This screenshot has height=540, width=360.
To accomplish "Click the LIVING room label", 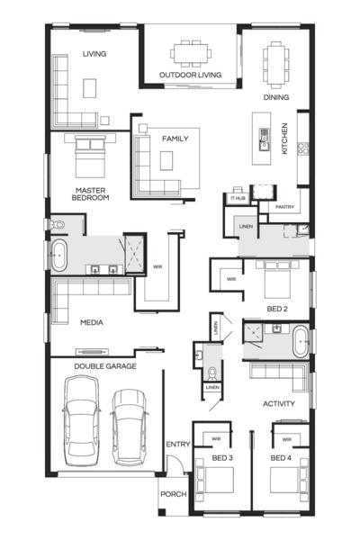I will [94, 54].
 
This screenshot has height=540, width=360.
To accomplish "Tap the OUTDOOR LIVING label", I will [190, 75].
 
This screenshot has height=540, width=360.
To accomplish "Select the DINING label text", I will [276, 96].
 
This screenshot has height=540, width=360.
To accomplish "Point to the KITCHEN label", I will [285, 138].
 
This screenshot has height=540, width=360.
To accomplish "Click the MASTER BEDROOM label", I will [92, 193].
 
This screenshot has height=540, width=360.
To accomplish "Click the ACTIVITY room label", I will [279, 404].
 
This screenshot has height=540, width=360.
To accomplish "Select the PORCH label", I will [173, 495].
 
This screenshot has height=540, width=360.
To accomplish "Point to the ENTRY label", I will [176, 445].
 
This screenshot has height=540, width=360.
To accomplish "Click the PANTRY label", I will [285, 207].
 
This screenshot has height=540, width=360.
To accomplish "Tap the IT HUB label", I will [238, 198].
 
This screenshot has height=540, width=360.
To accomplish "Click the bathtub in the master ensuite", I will [58, 256].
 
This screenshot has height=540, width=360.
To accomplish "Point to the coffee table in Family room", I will [167, 160].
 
